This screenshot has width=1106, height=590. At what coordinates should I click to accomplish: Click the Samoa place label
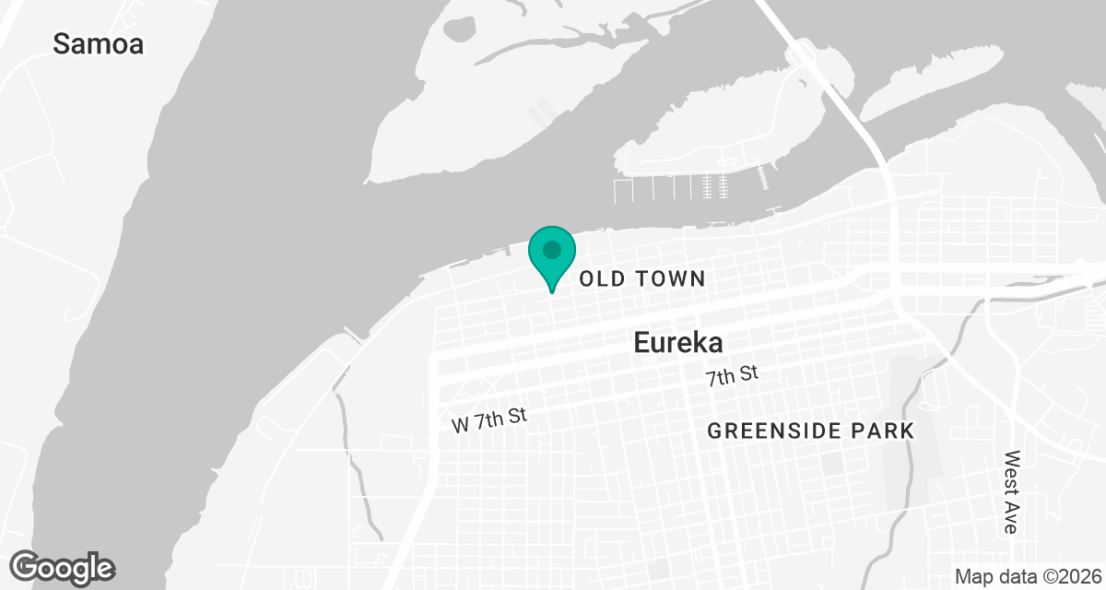[99, 43]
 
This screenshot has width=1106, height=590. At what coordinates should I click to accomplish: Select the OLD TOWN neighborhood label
[641, 278]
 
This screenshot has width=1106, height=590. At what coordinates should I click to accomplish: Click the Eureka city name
[677, 343]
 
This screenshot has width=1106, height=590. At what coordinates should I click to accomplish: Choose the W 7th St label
[489, 420]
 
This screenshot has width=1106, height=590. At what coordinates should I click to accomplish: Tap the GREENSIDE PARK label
[810, 431]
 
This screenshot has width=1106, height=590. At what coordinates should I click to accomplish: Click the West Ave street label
[1012, 492]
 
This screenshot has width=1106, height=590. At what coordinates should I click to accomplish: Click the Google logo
[62, 567]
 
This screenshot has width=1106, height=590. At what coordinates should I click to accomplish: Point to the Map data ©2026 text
[1028, 576]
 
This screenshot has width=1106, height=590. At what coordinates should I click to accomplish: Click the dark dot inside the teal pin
[551, 249]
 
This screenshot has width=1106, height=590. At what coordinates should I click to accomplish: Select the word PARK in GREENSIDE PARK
[886, 431]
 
